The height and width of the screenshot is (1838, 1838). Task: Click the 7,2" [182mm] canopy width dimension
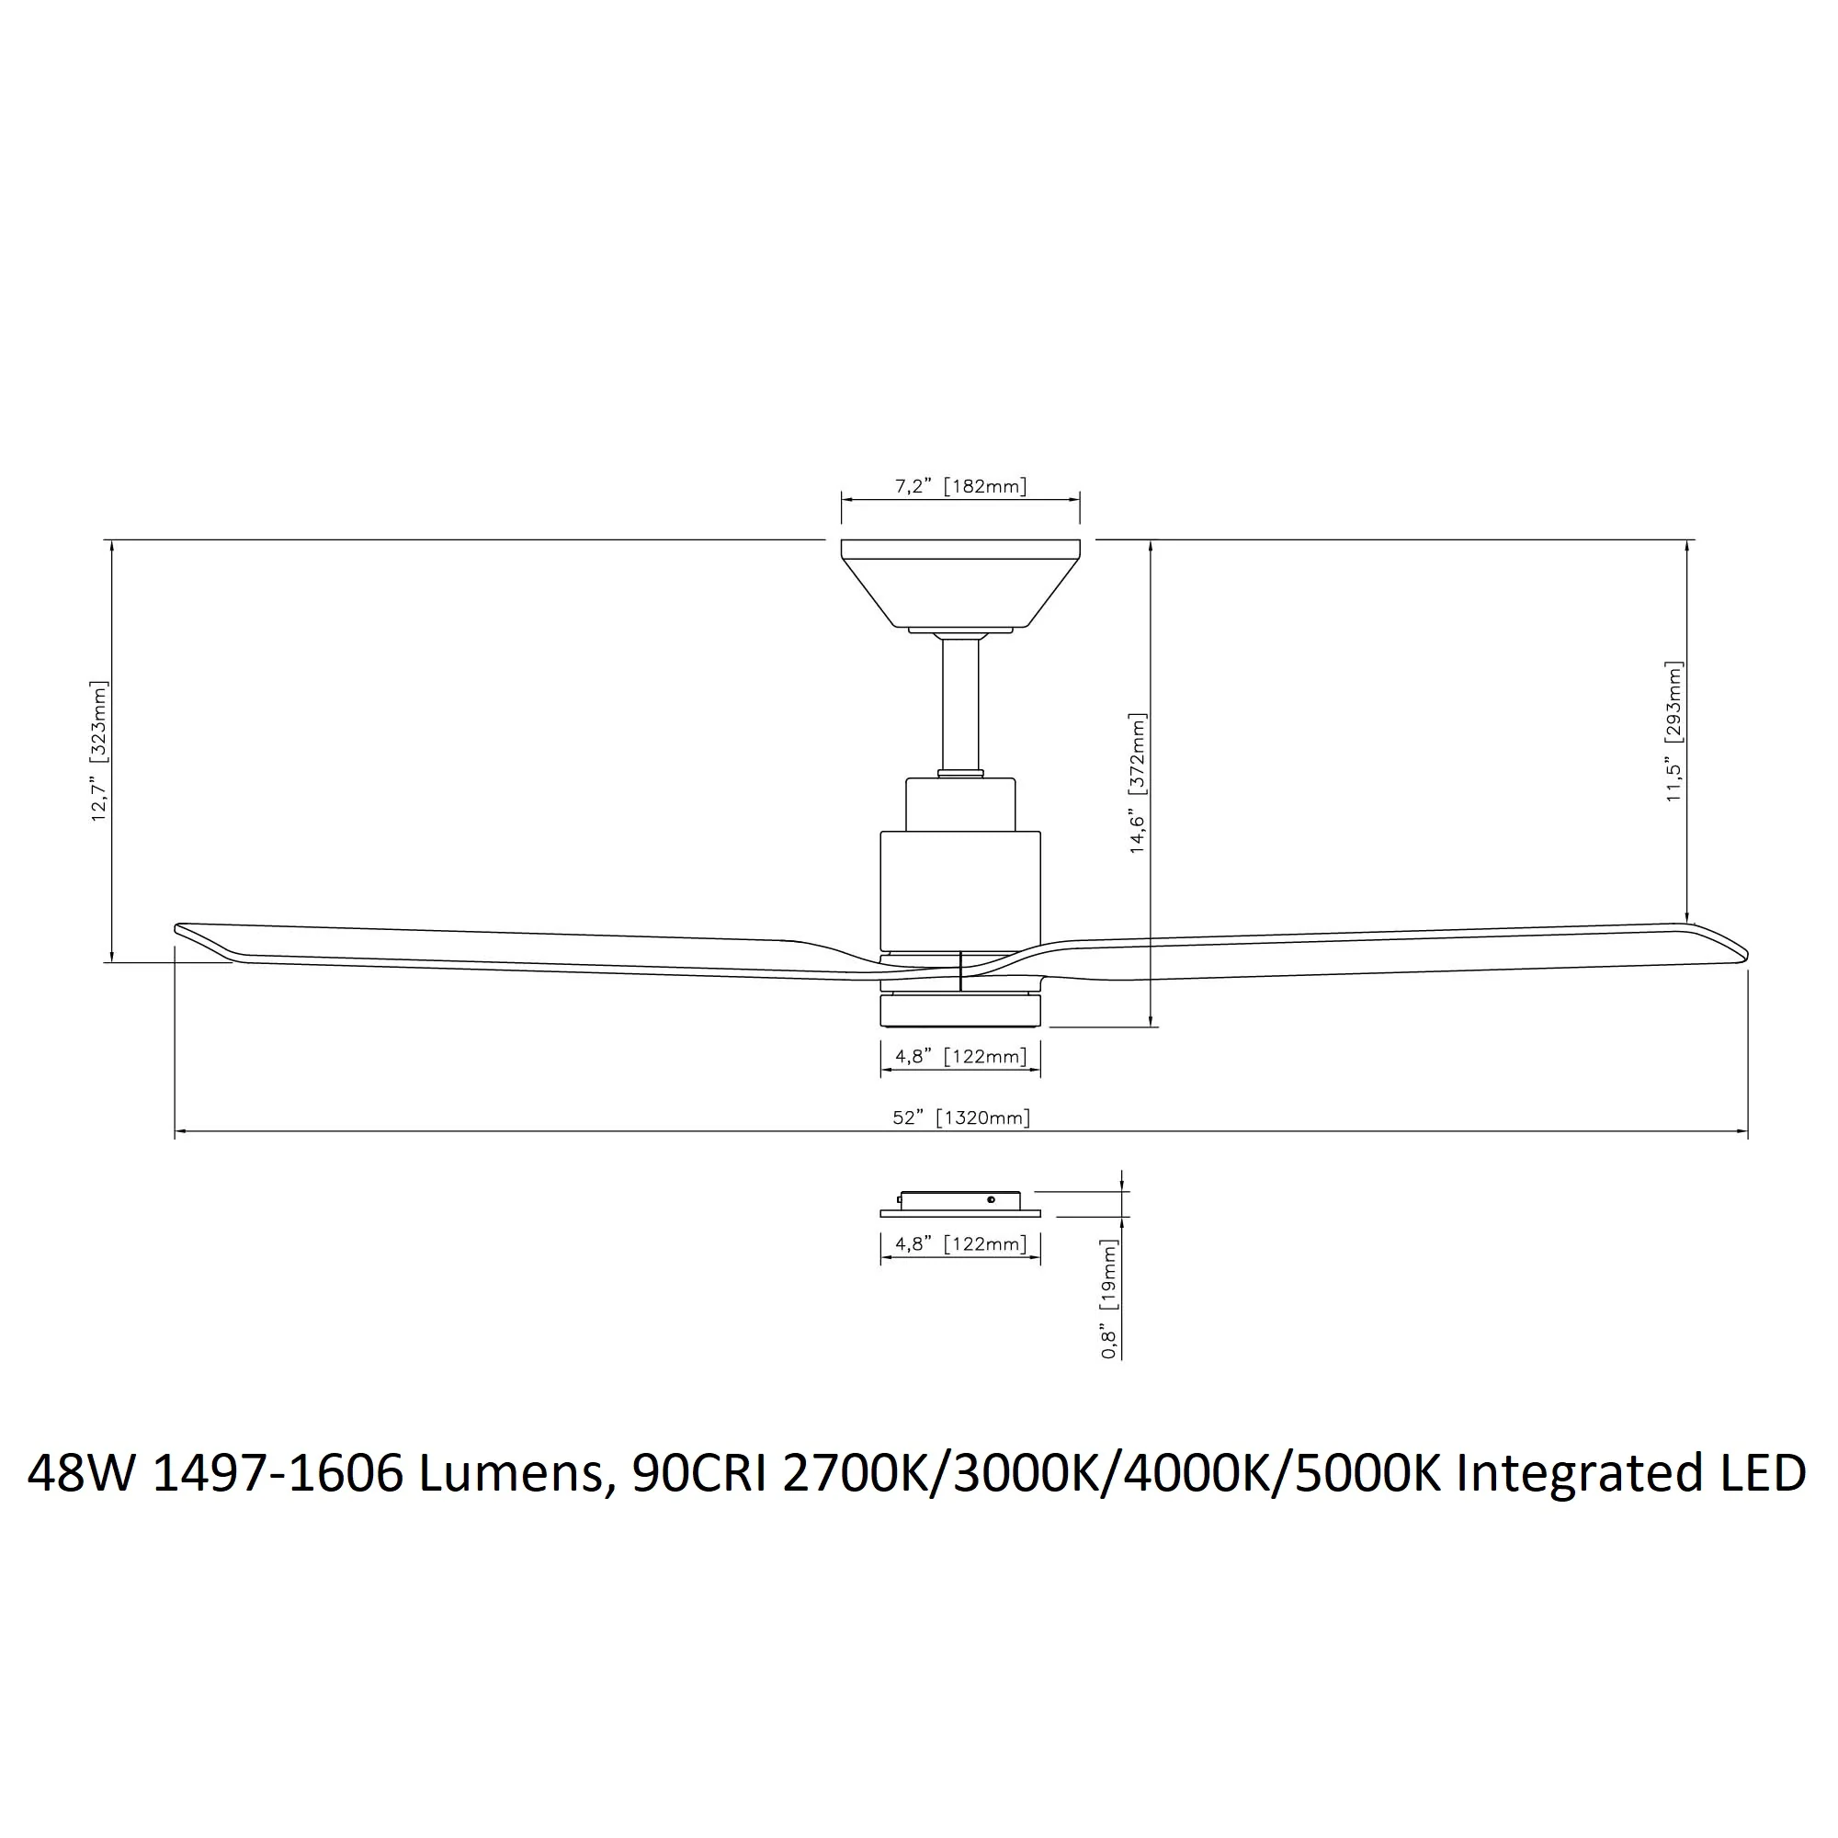pyautogui.click(x=961, y=487)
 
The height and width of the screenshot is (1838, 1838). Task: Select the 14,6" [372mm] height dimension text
pyautogui.click(x=1138, y=783)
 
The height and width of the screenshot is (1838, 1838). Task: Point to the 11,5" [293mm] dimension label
pyautogui.click(x=1674, y=731)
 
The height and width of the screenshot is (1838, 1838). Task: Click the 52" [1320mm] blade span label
pyautogui.click(x=961, y=1118)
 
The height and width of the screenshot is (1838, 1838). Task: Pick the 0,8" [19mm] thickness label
pyautogui.click(x=1108, y=1299)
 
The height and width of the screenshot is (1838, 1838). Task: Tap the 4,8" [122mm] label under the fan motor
pyautogui.click(x=961, y=1057)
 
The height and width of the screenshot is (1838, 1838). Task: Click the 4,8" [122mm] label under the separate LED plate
pyautogui.click(x=961, y=1244)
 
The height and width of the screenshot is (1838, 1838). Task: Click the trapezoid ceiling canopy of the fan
pyautogui.click(x=961, y=584)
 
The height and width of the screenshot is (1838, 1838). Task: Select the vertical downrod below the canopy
pyautogui.click(x=961, y=704)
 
